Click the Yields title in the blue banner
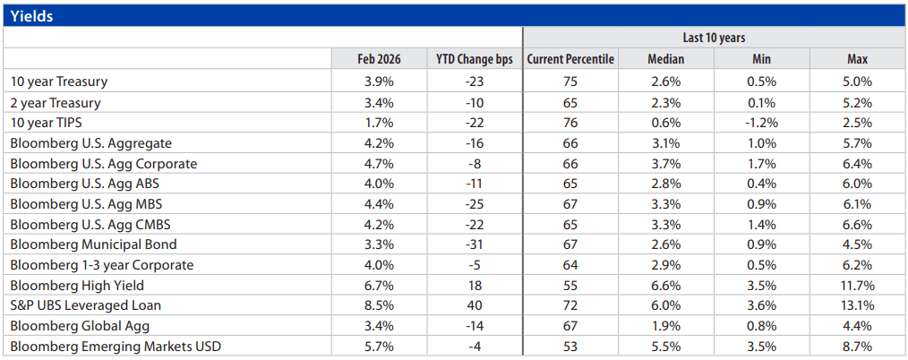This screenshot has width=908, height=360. (33, 15)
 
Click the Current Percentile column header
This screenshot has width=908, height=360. (570, 59)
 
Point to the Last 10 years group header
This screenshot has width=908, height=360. (714, 38)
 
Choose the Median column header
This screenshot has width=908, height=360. (665, 59)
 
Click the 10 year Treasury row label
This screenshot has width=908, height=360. (59, 81)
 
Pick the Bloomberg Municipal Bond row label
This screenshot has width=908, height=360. (93, 244)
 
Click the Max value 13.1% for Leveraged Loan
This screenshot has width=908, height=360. (858, 305)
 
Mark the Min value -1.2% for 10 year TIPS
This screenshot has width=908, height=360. (762, 122)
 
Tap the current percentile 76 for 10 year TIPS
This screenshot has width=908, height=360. (570, 122)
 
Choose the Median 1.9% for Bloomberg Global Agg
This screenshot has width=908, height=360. (665, 326)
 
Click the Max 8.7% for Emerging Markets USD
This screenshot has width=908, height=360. (858, 346)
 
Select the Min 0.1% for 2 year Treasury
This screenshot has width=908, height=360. (762, 102)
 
